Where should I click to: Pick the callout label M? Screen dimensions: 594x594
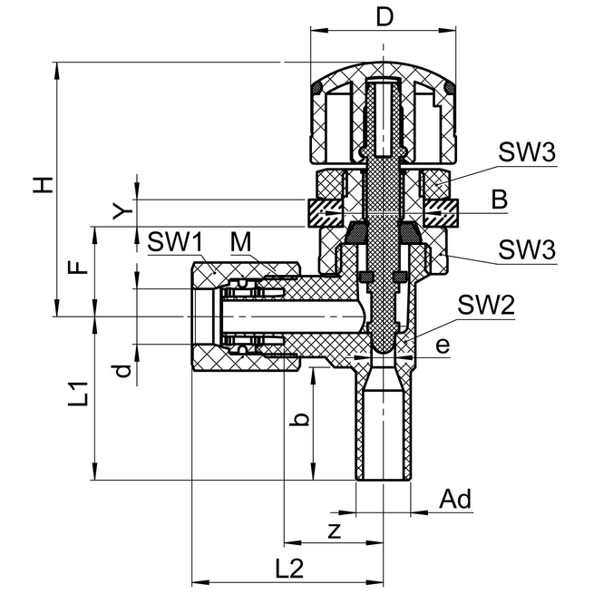pyautogui.click(x=239, y=242)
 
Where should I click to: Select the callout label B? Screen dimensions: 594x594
pyautogui.click(x=500, y=199)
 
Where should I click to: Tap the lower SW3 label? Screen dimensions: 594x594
pyautogui.click(x=525, y=248)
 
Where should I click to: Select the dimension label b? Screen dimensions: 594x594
pyautogui.click(x=304, y=419)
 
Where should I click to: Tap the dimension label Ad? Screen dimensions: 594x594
pyautogui.click(x=455, y=500)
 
